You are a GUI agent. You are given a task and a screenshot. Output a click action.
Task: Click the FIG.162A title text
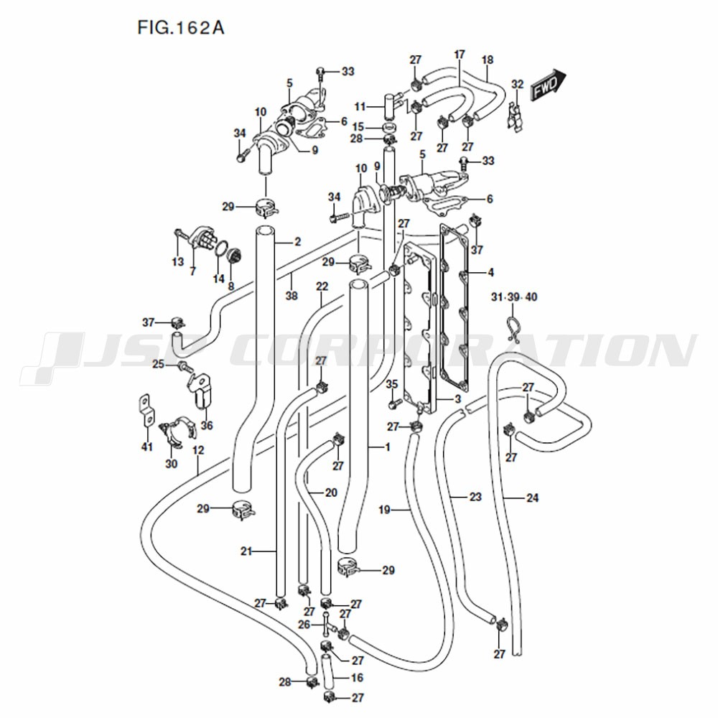pos(181,28)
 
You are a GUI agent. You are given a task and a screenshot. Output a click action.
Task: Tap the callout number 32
pos(517,84)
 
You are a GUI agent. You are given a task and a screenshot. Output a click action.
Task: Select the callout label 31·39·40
pos(514,297)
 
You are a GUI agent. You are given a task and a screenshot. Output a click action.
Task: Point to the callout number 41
pos(146,447)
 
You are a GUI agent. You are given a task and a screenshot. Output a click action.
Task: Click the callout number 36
pos(207,425)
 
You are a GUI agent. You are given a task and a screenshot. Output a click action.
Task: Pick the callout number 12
pos(198,450)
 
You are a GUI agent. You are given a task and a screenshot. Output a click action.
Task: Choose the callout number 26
pos(304,625)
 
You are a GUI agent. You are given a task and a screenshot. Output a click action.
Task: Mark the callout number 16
pos(357,677)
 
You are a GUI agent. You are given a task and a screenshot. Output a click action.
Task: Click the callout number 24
pos(533,498)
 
